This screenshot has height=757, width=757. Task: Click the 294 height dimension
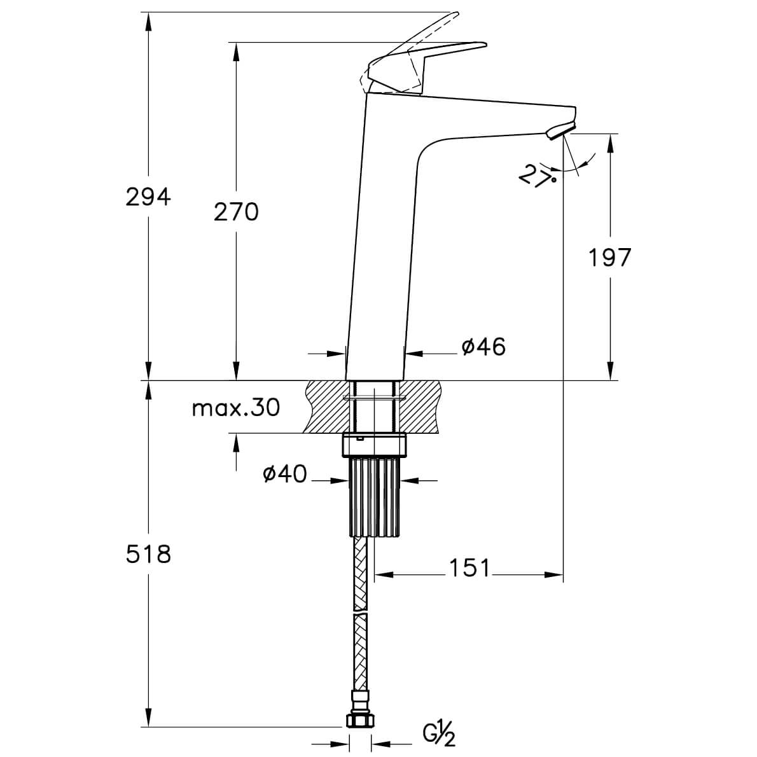(148, 197)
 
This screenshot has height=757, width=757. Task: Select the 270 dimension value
(236, 212)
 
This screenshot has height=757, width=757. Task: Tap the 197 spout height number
(609, 258)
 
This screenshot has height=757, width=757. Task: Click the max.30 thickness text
(236, 408)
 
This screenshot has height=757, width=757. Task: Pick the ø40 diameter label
(284, 474)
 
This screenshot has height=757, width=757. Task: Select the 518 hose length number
(148, 554)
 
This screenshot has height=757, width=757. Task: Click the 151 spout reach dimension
(470, 568)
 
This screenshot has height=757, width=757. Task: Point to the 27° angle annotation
(536, 175)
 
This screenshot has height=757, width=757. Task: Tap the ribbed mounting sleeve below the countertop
(375, 497)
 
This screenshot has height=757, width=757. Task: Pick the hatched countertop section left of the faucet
(326, 407)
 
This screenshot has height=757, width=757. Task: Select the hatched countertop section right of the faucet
(421, 407)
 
